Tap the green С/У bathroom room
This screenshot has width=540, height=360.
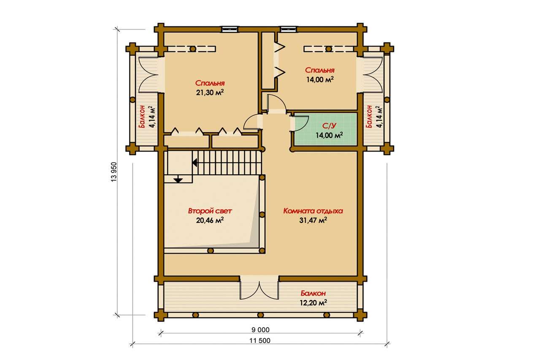pos(325,129)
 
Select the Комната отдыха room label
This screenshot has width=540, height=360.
pos(313,211)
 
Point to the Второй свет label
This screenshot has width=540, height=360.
pos(210,211)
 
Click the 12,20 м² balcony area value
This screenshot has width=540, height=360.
pos(313,302)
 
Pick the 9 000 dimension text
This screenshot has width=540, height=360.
pos(260,330)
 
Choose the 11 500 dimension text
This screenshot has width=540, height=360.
pos(260,341)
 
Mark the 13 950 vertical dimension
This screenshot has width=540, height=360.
pos(114,172)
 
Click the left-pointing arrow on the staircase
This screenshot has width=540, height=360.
pos(195,163)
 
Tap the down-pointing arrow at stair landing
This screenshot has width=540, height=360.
pos(178,179)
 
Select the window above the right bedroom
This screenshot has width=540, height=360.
pos(288,30)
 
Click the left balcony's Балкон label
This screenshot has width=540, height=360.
pos(142,116)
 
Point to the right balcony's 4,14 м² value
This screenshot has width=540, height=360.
pos(379,117)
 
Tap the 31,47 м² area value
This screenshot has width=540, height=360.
pos(313,220)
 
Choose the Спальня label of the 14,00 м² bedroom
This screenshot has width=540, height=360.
pos(320,70)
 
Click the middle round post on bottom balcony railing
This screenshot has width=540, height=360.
pos(260,315)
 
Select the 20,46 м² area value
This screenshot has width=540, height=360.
pos(210,220)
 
